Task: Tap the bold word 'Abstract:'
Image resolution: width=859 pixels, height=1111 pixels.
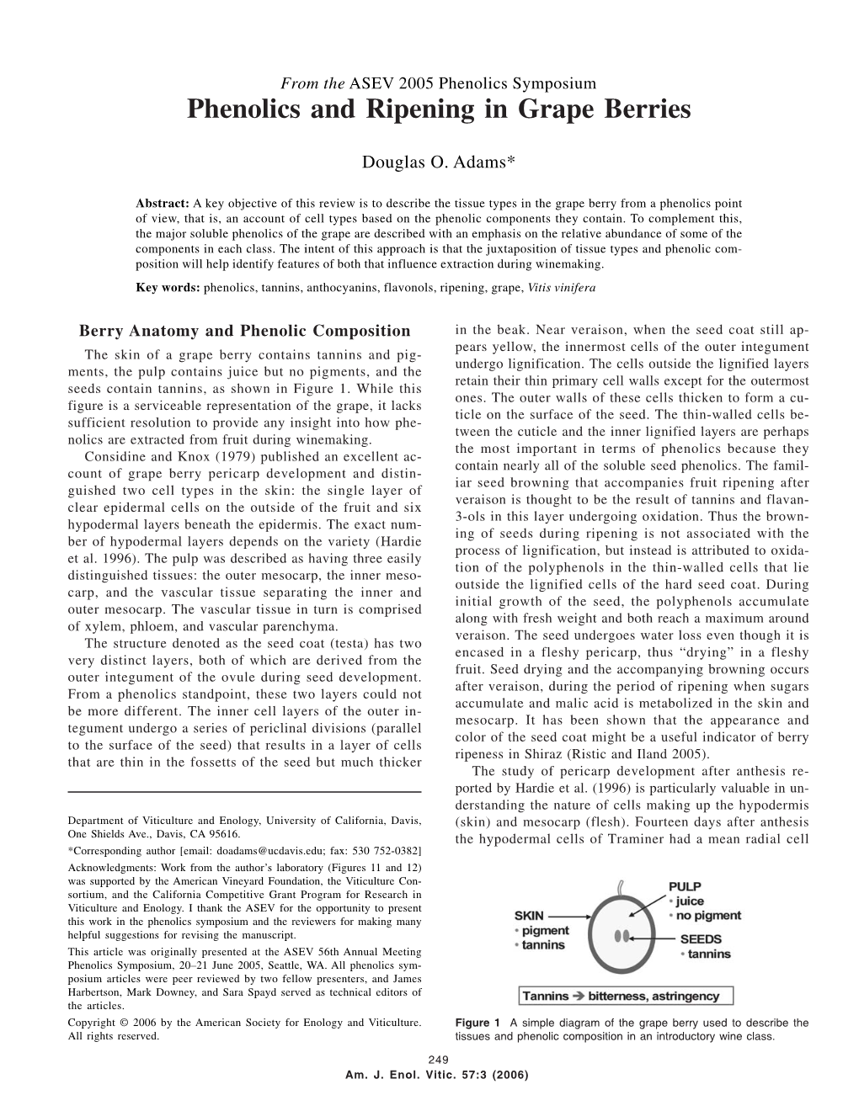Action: tap(163, 204)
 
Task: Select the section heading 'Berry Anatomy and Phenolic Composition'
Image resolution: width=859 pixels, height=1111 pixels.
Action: tap(243, 332)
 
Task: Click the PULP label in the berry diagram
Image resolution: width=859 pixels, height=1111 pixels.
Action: tap(685, 885)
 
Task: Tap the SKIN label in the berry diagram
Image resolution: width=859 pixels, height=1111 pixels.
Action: tap(529, 916)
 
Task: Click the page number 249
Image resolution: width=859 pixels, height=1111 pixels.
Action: tap(437, 1060)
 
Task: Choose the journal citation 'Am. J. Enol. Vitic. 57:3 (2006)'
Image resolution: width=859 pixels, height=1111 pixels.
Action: tap(437, 1074)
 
